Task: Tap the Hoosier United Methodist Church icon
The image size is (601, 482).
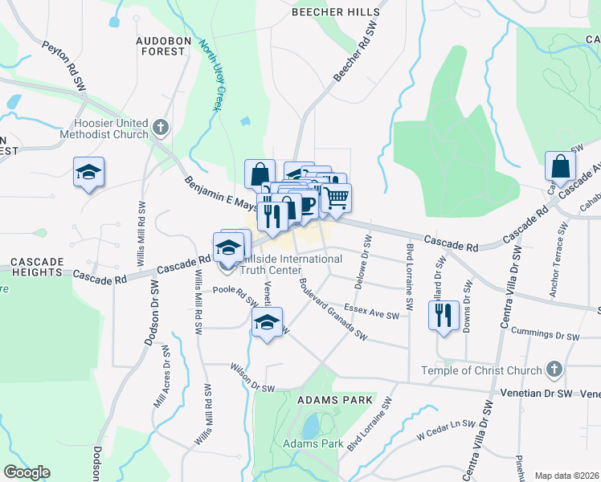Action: tap(161, 127)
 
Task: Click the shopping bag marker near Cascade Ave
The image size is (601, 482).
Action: tap(560, 165)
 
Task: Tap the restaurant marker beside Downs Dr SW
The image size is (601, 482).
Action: tap(443, 315)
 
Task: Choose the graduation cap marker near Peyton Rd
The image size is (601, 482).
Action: tap(89, 172)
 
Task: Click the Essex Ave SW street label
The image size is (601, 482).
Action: tap(371, 311)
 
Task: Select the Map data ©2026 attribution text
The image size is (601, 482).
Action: tap(567, 476)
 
